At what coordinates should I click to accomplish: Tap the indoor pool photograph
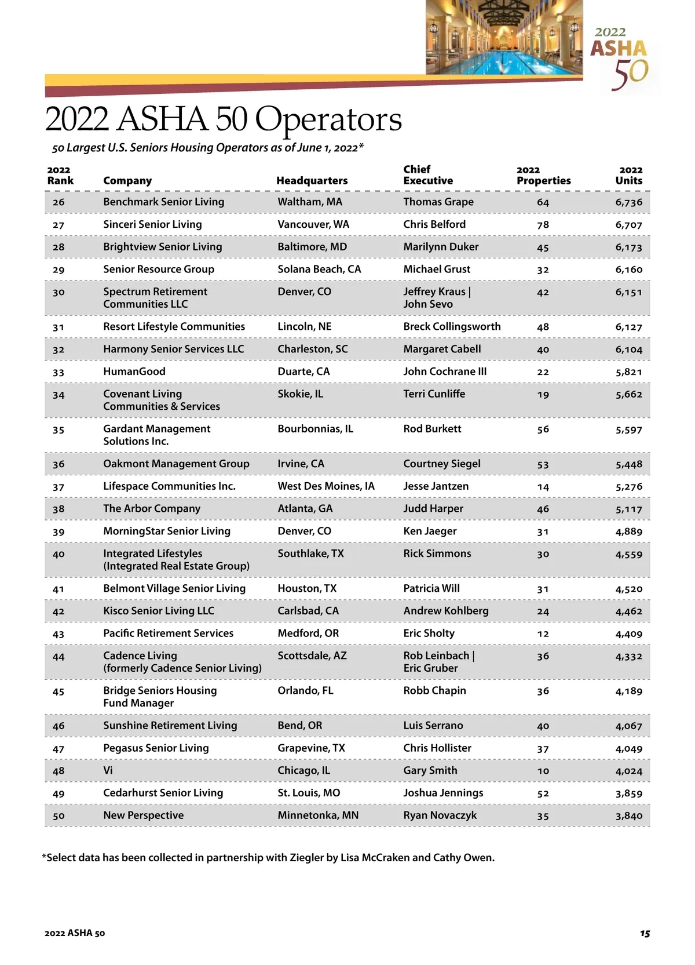pyautogui.click(x=504, y=37)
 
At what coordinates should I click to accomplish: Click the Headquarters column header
pyautogui.click(x=312, y=181)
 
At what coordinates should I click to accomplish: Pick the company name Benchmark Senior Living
pyautogui.click(x=163, y=202)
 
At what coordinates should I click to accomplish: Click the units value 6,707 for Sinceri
pyautogui.click(x=628, y=225)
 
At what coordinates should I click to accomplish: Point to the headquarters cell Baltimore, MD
pyautogui.click(x=312, y=247)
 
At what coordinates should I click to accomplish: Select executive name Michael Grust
pyautogui.click(x=437, y=270)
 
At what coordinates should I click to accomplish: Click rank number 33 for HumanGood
pyautogui.click(x=58, y=372)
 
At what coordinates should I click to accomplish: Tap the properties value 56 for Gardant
pyautogui.click(x=543, y=429)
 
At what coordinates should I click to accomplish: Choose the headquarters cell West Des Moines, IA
pyautogui.click(x=326, y=486)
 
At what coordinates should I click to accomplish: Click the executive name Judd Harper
pyautogui.click(x=433, y=509)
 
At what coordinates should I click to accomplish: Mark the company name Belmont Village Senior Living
pyautogui.click(x=174, y=589)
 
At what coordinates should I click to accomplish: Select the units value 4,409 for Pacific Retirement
pyautogui.click(x=628, y=634)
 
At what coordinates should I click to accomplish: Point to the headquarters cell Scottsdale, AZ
pyautogui.click(x=312, y=656)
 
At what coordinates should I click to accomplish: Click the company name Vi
pyautogui.click(x=108, y=771)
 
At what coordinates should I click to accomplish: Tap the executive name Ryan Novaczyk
pyautogui.click(x=440, y=815)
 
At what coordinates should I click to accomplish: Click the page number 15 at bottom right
pyautogui.click(x=645, y=933)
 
